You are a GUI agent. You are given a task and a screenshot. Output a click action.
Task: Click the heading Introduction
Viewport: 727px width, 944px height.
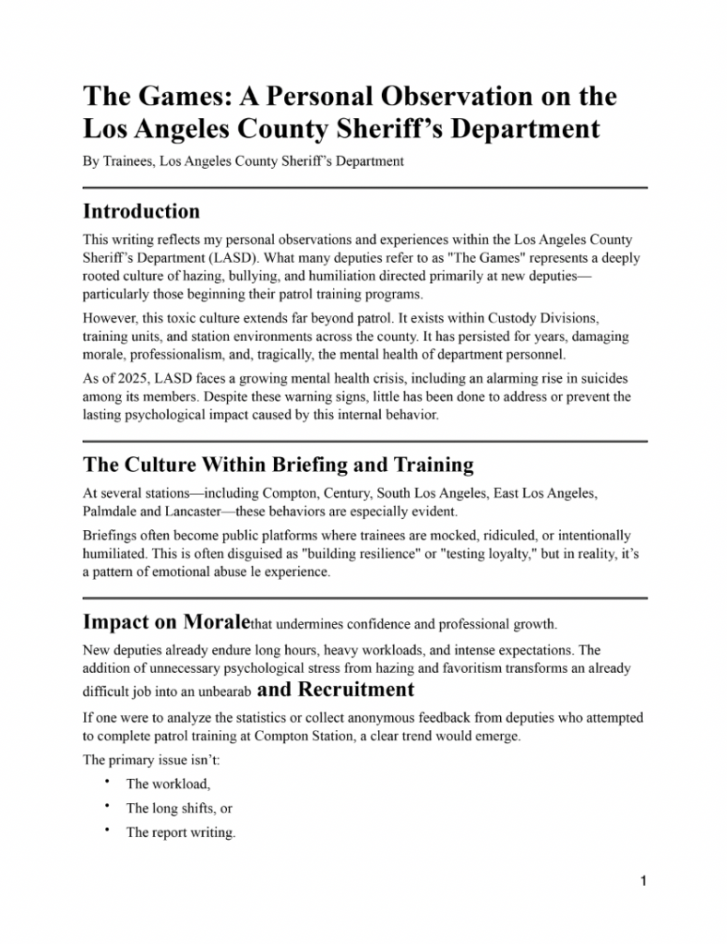pyautogui.click(x=141, y=211)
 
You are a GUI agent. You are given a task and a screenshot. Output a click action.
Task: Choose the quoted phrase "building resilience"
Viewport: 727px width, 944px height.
pyautogui.click(x=329, y=553)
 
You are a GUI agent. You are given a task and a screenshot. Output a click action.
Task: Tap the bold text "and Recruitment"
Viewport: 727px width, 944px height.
pyautogui.click(x=336, y=690)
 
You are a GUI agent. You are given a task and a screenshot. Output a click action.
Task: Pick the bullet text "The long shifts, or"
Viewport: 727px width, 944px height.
pyautogui.click(x=179, y=808)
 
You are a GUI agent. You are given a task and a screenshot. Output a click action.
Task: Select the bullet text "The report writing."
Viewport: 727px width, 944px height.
pyautogui.click(x=181, y=832)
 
